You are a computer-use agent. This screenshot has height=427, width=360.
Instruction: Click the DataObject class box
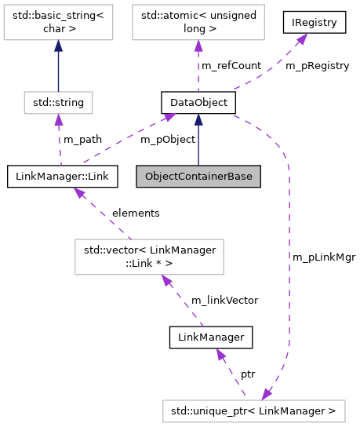coord(194,102)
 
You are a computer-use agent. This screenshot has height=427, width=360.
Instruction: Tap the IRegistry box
coord(314,23)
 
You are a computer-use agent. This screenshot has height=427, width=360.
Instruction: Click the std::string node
coord(59,102)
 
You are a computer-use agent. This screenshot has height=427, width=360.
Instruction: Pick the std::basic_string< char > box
coord(59,24)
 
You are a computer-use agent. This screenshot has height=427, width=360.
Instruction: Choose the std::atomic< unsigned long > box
coord(194,24)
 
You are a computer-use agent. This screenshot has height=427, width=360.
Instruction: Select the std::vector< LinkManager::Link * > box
coord(149,257)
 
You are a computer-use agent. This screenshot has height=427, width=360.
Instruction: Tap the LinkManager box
coord(211,338)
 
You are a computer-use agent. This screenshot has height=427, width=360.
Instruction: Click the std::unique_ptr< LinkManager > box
coord(253,411)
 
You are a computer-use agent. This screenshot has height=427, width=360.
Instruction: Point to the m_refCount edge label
coord(231,66)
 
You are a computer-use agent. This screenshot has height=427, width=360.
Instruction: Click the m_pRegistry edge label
coord(317,66)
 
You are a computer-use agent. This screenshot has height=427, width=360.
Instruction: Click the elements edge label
coord(135,213)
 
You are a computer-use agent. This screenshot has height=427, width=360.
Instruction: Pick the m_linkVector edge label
coord(224,300)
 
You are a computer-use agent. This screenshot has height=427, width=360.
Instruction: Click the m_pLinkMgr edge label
coord(318,257)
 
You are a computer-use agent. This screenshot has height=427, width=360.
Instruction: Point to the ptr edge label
coord(248,374)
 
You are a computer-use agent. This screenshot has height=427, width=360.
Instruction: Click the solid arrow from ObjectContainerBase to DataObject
coord(198,145)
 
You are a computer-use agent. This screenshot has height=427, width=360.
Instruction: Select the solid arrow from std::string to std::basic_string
coord(59,67)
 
